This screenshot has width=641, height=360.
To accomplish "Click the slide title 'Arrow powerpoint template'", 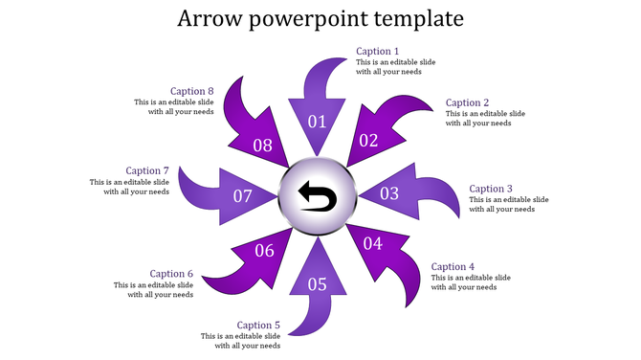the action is tap(320, 19).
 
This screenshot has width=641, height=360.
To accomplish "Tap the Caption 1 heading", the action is tap(378, 52).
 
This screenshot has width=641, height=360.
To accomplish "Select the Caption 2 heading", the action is tap(468, 102).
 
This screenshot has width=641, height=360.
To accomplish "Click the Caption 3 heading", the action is tap(492, 189).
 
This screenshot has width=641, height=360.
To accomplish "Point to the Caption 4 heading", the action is tap(453, 266).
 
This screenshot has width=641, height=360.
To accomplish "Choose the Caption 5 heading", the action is tap(258, 326).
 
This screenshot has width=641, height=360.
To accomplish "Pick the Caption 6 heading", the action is tap(171, 274).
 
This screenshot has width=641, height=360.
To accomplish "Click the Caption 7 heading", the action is tap(147, 170).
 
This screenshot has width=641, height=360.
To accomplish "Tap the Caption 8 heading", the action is tap(192, 92).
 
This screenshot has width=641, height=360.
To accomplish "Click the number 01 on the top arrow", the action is tap(317, 122).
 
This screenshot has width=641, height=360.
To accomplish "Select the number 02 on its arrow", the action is tap(368, 141).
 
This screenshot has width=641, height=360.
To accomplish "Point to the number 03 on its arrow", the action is tap(389, 193).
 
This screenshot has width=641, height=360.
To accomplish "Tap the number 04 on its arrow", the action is tap(372, 244).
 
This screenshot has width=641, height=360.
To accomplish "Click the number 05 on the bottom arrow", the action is tap(317, 283).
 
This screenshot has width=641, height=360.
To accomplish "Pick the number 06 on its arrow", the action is tap(264, 251).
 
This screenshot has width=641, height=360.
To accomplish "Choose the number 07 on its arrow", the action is tap(242, 196).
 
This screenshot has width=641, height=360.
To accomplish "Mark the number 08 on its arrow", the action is tap(262, 146).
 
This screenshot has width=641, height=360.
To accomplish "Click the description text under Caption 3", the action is tap(509, 205).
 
